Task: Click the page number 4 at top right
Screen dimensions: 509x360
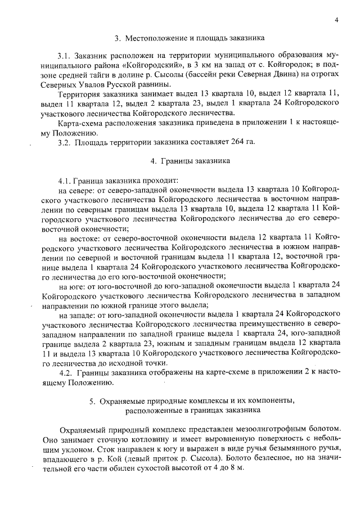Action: [335, 21]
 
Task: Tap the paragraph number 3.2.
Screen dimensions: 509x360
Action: [65, 141]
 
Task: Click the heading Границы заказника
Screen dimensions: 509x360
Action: [195, 161]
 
